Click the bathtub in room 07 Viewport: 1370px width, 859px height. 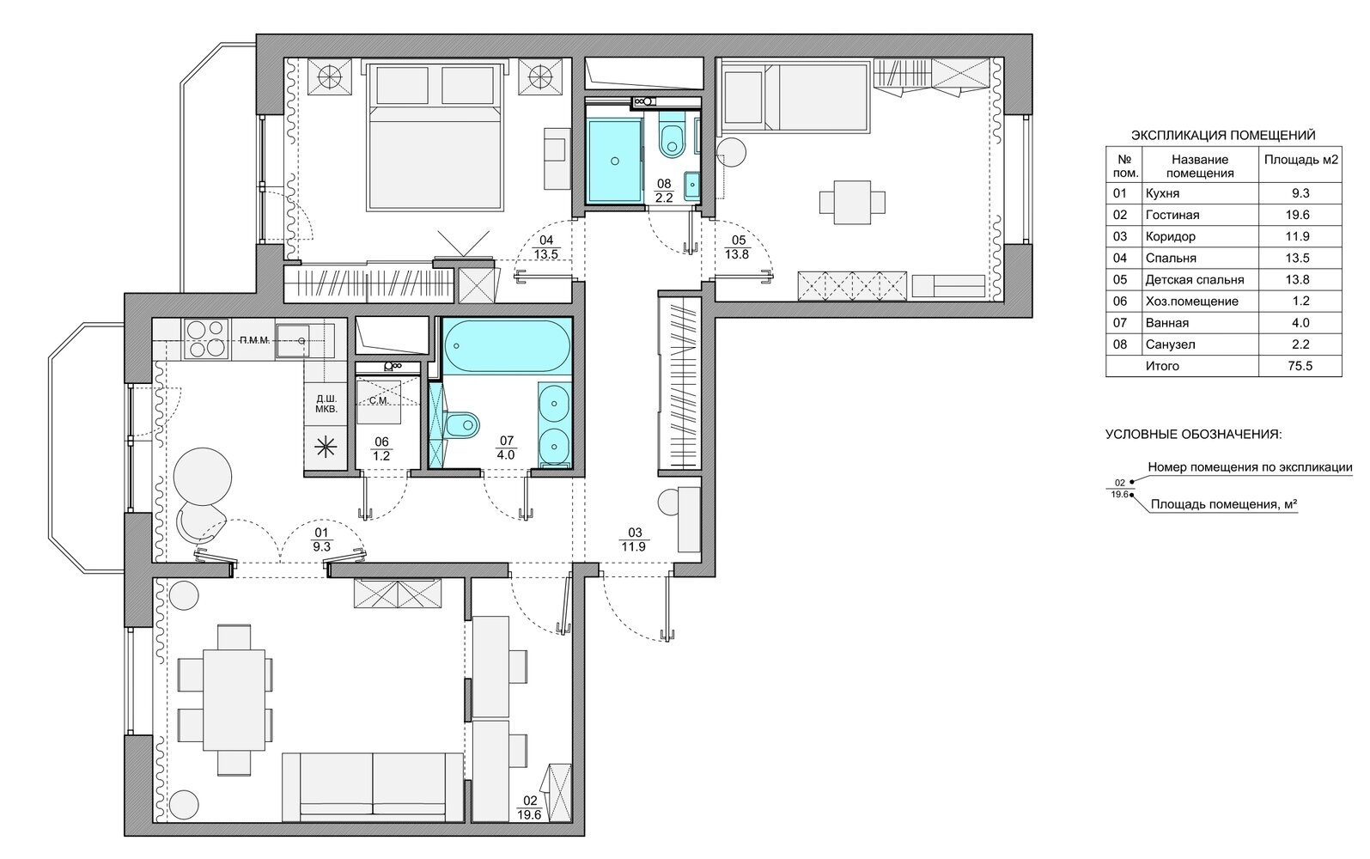[506, 346]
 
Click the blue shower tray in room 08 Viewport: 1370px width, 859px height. [615, 161]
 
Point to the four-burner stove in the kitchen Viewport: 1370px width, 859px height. [205, 338]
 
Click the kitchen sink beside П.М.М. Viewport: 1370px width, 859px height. [292, 341]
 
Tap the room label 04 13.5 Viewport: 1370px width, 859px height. [545, 247]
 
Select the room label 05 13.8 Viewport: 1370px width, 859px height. [737, 247]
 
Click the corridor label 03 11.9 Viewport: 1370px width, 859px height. [634, 539]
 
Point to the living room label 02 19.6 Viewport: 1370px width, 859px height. [529, 807]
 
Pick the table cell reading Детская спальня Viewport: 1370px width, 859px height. [1195, 279]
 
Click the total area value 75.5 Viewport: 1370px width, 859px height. [1300, 366]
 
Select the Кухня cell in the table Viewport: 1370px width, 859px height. [1162, 193]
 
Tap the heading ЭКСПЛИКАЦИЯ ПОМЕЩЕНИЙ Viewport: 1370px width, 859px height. [1223, 135]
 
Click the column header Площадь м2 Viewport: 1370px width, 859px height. [1301, 160]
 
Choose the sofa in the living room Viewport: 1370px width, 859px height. [373, 787]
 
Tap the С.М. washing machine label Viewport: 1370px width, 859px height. [379, 401]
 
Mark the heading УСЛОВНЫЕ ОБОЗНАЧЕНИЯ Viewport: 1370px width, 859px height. [1193, 435]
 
